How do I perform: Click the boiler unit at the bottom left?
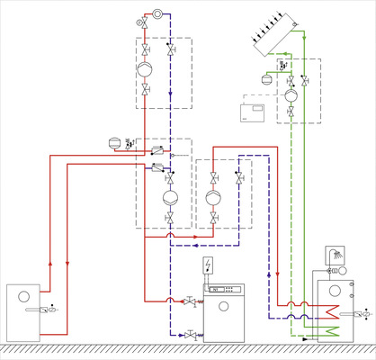pyautogui.click(x=30, y=310)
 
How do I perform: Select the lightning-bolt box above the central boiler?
pyautogui.click(x=210, y=265)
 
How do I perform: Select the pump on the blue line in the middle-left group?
pyautogui.click(x=168, y=197)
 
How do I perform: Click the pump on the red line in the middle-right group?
pyautogui.click(x=212, y=197)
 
